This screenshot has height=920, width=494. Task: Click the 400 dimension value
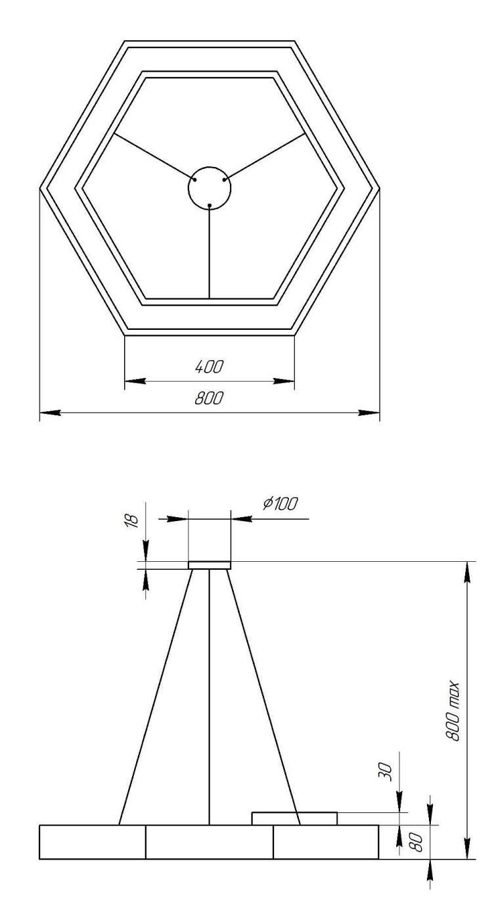coord(210,367)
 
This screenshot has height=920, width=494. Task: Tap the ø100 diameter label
coord(281,504)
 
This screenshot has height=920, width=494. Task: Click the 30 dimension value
coord(387,771)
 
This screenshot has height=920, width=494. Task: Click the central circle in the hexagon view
coord(210,187)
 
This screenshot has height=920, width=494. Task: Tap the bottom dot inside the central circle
coord(209,206)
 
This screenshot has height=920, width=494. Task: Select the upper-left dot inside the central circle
coord(195,178)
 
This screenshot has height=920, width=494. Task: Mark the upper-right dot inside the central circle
coord(225,178)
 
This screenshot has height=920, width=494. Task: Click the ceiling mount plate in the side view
coord(210,565)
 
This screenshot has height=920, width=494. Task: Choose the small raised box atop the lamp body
coord(294,818)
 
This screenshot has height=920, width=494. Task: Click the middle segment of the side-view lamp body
coord(209,842)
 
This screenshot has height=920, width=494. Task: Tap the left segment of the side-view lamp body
coord(92,842)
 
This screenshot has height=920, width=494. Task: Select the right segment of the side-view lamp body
coord(326,842)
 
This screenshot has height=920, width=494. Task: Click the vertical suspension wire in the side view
coord(209,697)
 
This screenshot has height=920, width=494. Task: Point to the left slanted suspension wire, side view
coord(156,697)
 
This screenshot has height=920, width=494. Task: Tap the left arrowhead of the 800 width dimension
coord(49,413)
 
